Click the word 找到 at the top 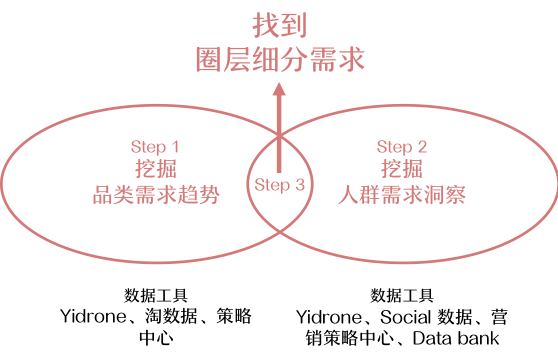[279, 24]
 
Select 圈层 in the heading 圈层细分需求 [222, 60]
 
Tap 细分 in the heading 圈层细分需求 [279, 60]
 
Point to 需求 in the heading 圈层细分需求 [337, 60]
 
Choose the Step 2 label [401, 147]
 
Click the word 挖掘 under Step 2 [401, 169]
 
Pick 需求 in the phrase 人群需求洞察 [401, 194]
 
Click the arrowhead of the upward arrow [279, 91]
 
